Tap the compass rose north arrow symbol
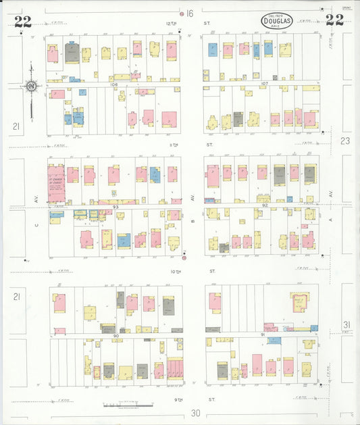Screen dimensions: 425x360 [30, 86]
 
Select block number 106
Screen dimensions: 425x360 [115, 84]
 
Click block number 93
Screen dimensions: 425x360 [115, 207]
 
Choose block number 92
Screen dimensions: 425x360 [265, 205]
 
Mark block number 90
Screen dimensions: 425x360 [116, 335]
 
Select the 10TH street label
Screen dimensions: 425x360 [175, 271]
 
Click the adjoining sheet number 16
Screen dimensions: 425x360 [190, 14]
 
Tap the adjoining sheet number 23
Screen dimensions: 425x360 [346, 141]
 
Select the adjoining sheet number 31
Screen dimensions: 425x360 [346, 324]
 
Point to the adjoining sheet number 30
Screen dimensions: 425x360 [196, 414]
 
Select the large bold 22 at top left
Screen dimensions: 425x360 [22, 21]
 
